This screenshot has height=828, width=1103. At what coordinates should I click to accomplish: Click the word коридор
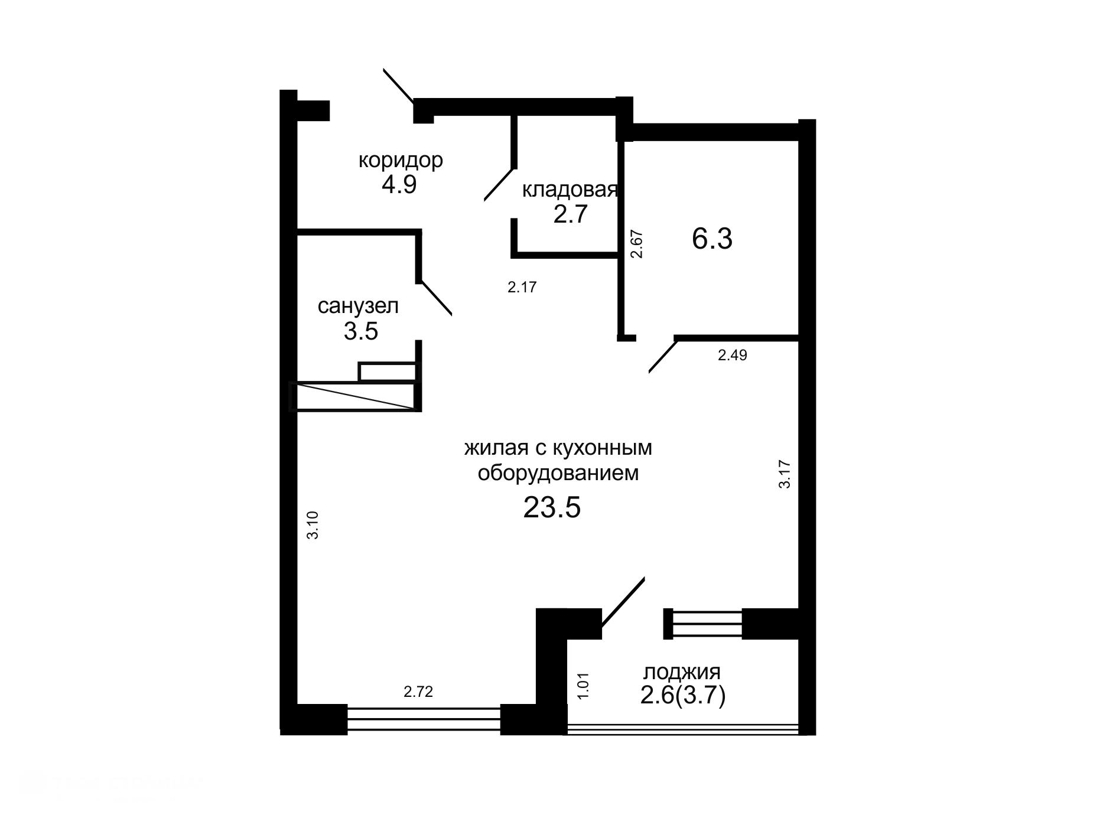(x=401, y=160)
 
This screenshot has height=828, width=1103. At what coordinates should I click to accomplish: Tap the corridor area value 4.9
(x=399, y=185)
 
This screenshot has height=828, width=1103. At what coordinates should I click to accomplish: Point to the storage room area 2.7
(x=571, y=214)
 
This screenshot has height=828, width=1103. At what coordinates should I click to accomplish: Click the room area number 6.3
(x=712, y=239)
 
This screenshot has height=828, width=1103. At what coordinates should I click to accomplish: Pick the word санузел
(x=358, y=306)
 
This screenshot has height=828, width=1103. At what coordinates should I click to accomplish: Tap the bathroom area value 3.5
(x=360, y=331)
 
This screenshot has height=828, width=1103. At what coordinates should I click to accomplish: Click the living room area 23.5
(x=552, y=507)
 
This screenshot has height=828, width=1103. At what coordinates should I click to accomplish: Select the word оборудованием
(x=558, y=474)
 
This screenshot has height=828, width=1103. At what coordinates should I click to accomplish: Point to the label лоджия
(x=682, y=672)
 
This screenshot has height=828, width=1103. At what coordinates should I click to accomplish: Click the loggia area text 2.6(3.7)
(x=682, y=697)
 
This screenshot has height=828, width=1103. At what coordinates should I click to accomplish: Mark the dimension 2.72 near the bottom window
(x=418, y=692)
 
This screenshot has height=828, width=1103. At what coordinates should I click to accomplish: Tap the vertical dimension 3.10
(x=313, y=524)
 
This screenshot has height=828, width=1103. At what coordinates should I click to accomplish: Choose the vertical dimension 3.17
(x=785, y=474)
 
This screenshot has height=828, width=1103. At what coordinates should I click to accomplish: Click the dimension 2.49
(x=732, y=356)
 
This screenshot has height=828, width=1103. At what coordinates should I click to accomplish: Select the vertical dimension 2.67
(x=636, y=244)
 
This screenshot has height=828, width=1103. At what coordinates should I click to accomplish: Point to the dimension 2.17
(x=522, y=288)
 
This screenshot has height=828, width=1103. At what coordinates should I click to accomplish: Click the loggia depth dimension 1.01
(x=583, y=686)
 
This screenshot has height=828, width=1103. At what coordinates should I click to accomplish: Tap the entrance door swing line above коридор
(x=399, y=87)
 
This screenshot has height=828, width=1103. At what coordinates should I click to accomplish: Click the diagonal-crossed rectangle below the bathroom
(x=354, y=396)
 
